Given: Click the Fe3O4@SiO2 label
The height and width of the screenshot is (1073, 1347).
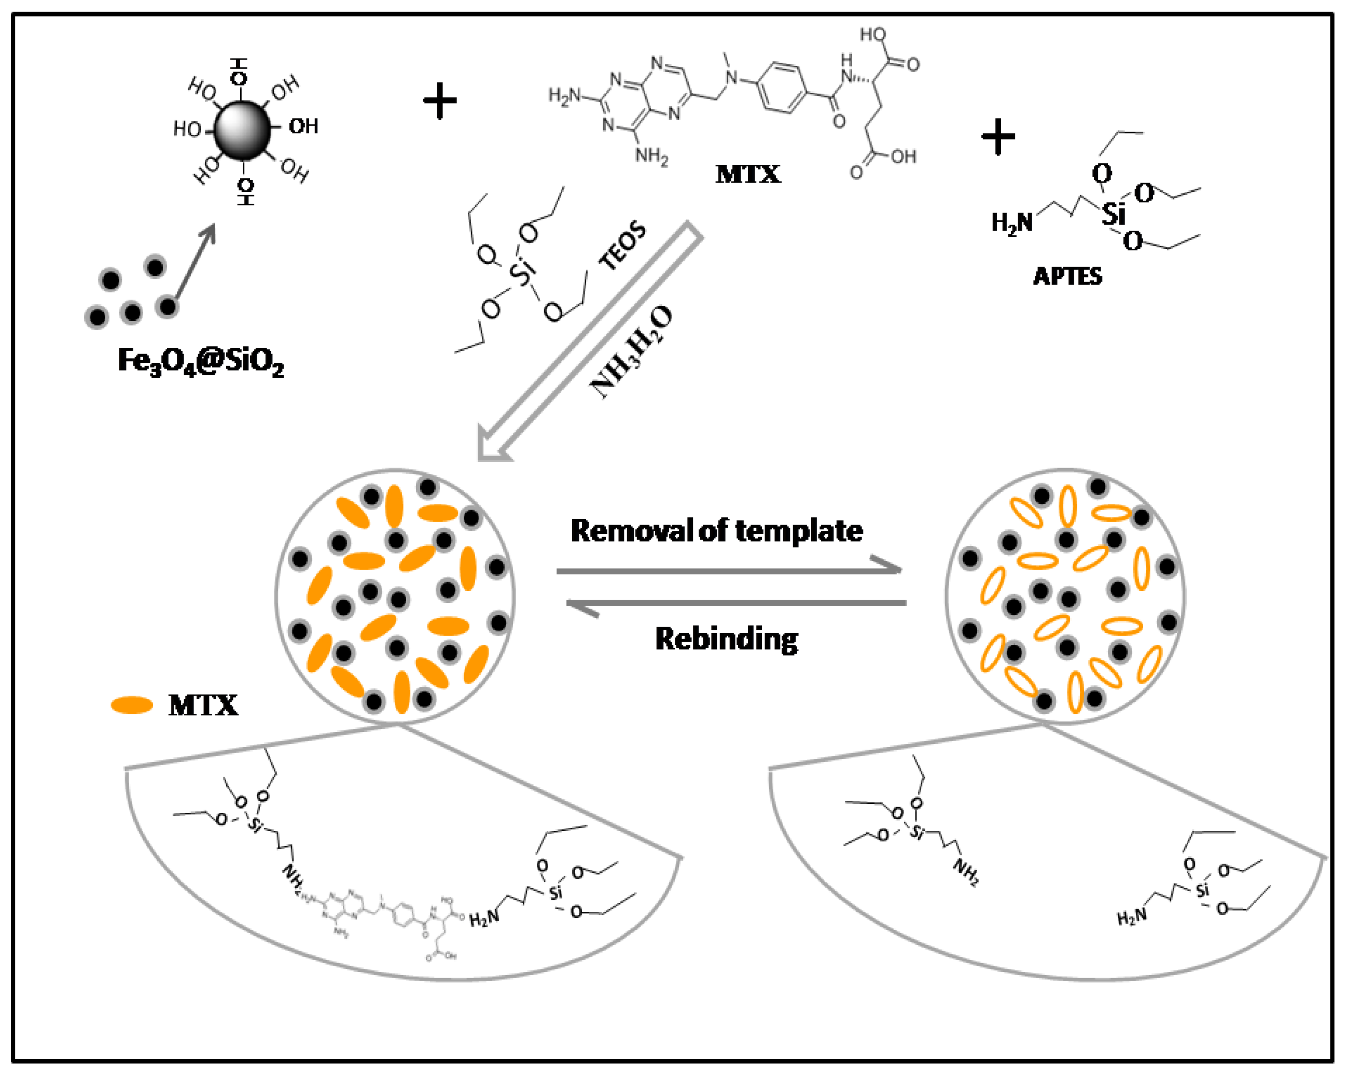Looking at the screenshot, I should [201, 361].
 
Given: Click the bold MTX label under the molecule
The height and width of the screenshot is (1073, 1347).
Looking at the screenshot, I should [748, 174].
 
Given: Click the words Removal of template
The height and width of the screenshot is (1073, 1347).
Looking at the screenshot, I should [717, 531].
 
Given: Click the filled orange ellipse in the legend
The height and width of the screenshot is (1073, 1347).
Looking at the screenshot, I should [132, 705].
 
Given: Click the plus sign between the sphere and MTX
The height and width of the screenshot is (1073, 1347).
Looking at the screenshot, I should [440, 101].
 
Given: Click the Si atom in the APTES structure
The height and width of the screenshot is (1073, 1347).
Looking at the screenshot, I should [1113, 214].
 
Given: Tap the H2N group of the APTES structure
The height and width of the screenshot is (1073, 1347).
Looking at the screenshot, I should [1011, 222].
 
